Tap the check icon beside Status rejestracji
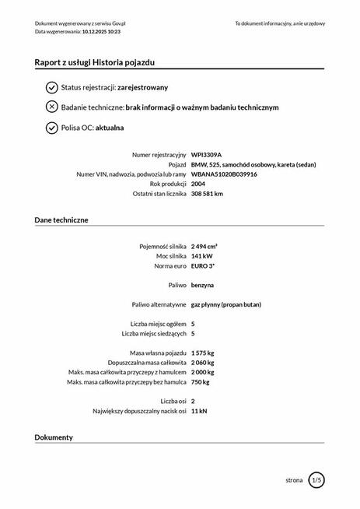(51, 87)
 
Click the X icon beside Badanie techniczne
(51, 107)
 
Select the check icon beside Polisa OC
(51, 128)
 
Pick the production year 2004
(198, 184)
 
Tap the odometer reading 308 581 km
(207, 194)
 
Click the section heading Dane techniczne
(61, 220)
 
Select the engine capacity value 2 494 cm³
(204, 246)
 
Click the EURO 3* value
(203, 266)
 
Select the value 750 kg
(200, 381)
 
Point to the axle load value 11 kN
(199, 410)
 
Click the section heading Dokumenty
(54, 437)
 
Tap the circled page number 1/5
(316, 480)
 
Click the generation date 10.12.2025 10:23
(110, 32)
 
